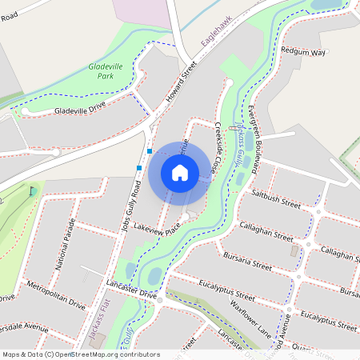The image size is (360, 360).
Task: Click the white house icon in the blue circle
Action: [x=180, y=173]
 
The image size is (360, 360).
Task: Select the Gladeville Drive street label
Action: [x=80, y=110]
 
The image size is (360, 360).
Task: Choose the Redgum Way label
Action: [x=303, y=52]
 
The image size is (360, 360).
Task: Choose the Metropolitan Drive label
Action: [x=55, y=294]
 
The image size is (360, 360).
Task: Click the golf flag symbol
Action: [x=31, y=190]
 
